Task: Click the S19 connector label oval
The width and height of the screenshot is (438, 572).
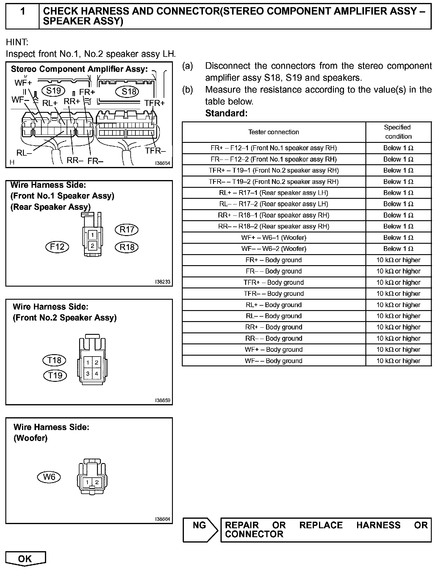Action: tap(54, 90)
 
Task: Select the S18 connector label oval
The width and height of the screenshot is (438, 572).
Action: tap(129, 91)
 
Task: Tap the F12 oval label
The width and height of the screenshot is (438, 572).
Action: tap(57, 247)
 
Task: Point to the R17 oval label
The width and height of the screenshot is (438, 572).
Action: tap(127, 229)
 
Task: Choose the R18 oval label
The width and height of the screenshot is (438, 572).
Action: tap(127, 247)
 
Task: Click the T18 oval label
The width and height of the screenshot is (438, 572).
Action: tap(54, 360)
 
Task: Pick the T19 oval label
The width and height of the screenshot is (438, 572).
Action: tap(55, 375)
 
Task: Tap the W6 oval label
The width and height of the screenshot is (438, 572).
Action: tap(49, 477)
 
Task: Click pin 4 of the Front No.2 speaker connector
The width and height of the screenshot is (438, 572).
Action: tap(96, 373)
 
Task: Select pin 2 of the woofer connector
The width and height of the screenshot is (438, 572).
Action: tap(97, 482)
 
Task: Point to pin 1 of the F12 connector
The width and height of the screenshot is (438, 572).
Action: tap(93, 235)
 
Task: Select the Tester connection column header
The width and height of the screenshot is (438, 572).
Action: tap(274, 132)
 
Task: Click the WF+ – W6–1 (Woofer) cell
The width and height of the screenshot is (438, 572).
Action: tap(274, 238)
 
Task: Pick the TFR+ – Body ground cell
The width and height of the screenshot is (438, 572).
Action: tap(274, 282)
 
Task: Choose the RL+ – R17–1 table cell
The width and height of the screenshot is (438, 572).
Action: tap(274, 193)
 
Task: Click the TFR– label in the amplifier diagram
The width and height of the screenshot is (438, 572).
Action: tap(155, 151)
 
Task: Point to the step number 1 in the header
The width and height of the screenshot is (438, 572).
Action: tap(23, 11)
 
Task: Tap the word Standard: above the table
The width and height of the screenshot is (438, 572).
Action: tap(226, 113)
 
